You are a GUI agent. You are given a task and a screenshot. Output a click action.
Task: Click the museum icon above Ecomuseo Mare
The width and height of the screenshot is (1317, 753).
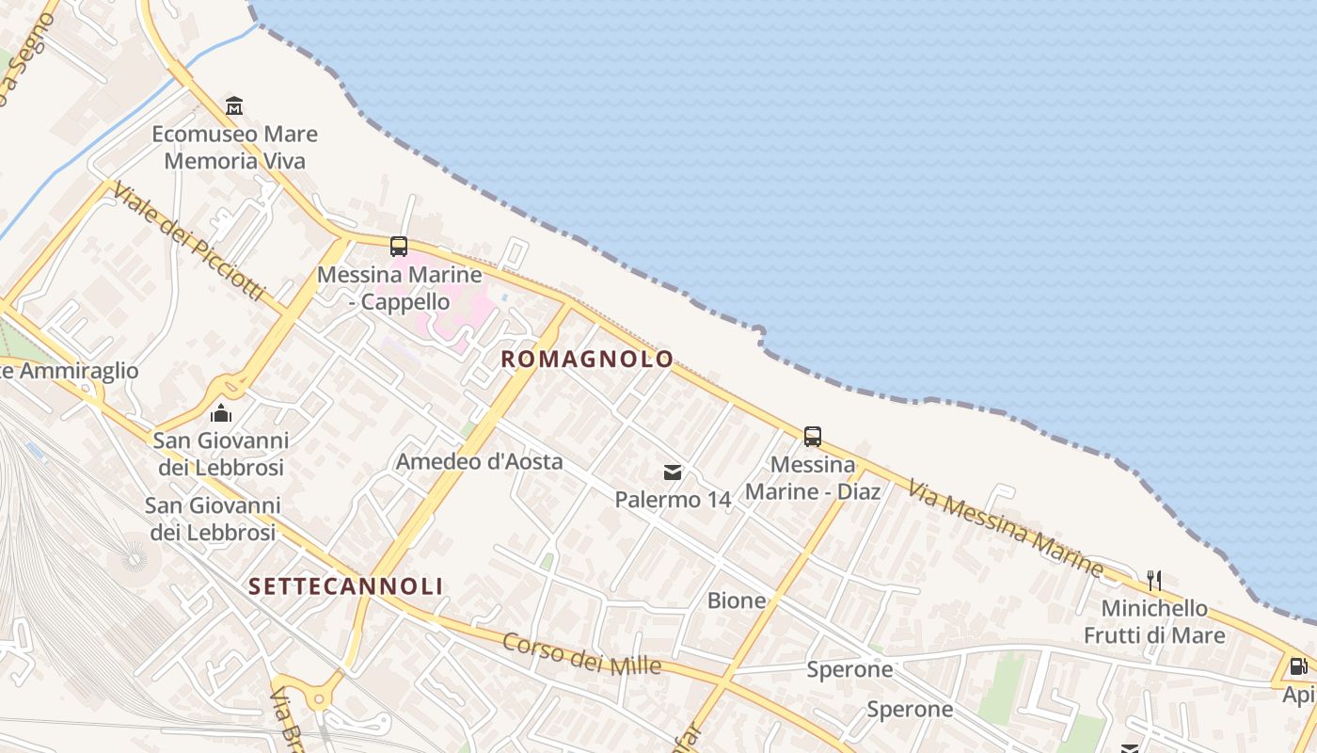(234, 104)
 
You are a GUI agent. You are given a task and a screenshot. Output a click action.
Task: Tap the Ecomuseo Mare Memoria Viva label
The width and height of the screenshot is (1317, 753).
(235, 148)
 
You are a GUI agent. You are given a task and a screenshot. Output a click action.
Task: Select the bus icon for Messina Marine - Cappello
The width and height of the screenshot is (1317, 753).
(399, 247)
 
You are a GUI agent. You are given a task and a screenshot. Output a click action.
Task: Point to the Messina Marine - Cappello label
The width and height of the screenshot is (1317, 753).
(400, 289)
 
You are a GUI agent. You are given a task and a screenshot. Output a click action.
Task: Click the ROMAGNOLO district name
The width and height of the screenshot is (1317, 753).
(587, 359)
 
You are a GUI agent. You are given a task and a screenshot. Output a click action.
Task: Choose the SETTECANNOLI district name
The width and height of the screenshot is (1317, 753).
(345, 586)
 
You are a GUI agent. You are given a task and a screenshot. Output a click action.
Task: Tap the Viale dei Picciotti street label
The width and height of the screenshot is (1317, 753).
(187, 242)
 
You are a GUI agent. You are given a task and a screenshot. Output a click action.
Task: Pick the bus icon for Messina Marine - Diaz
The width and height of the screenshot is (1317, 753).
(813, 437)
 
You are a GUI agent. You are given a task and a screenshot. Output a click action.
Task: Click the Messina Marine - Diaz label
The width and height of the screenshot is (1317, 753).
(813, 478)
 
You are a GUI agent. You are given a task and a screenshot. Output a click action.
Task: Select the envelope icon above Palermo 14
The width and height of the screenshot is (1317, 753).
(673, 473)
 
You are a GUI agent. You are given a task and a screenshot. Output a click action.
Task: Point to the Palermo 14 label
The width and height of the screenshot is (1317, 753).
(673, 500)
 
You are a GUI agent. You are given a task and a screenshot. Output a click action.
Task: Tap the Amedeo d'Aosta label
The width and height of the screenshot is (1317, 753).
(479, 461)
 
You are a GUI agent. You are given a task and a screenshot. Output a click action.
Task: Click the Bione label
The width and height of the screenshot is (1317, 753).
(737, 601)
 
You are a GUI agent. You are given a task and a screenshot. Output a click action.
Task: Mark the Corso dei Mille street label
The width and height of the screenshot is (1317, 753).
(581, 653)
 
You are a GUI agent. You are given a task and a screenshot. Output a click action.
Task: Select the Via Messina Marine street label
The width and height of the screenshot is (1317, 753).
(1005, 528)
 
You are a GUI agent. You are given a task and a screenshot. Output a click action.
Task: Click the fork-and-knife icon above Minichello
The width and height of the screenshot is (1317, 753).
(1154, 581)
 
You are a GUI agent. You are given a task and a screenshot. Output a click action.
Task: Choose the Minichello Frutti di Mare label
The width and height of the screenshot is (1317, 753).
(1154, 621)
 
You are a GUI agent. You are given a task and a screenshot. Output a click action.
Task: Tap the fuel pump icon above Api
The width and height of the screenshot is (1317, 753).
(1299, 666)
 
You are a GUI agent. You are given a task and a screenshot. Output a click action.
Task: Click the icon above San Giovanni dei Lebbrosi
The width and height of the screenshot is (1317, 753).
(221, 413)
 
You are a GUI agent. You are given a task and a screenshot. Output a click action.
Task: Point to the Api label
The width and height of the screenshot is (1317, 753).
(1299, 695)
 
